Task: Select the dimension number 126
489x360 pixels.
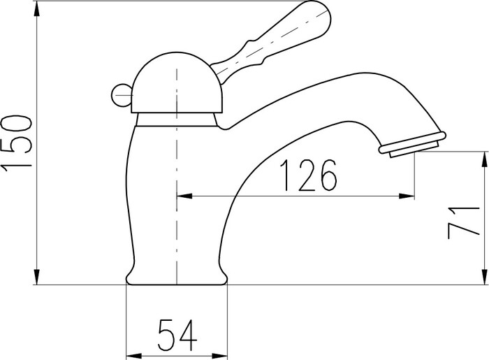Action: [x=308, y=175]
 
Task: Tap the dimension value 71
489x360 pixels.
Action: [x=463, y=222]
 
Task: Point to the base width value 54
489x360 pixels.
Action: [x=177, y=335]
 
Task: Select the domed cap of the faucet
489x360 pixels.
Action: [x=177, y=82]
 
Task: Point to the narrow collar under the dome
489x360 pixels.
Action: [x=177, y=120]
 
